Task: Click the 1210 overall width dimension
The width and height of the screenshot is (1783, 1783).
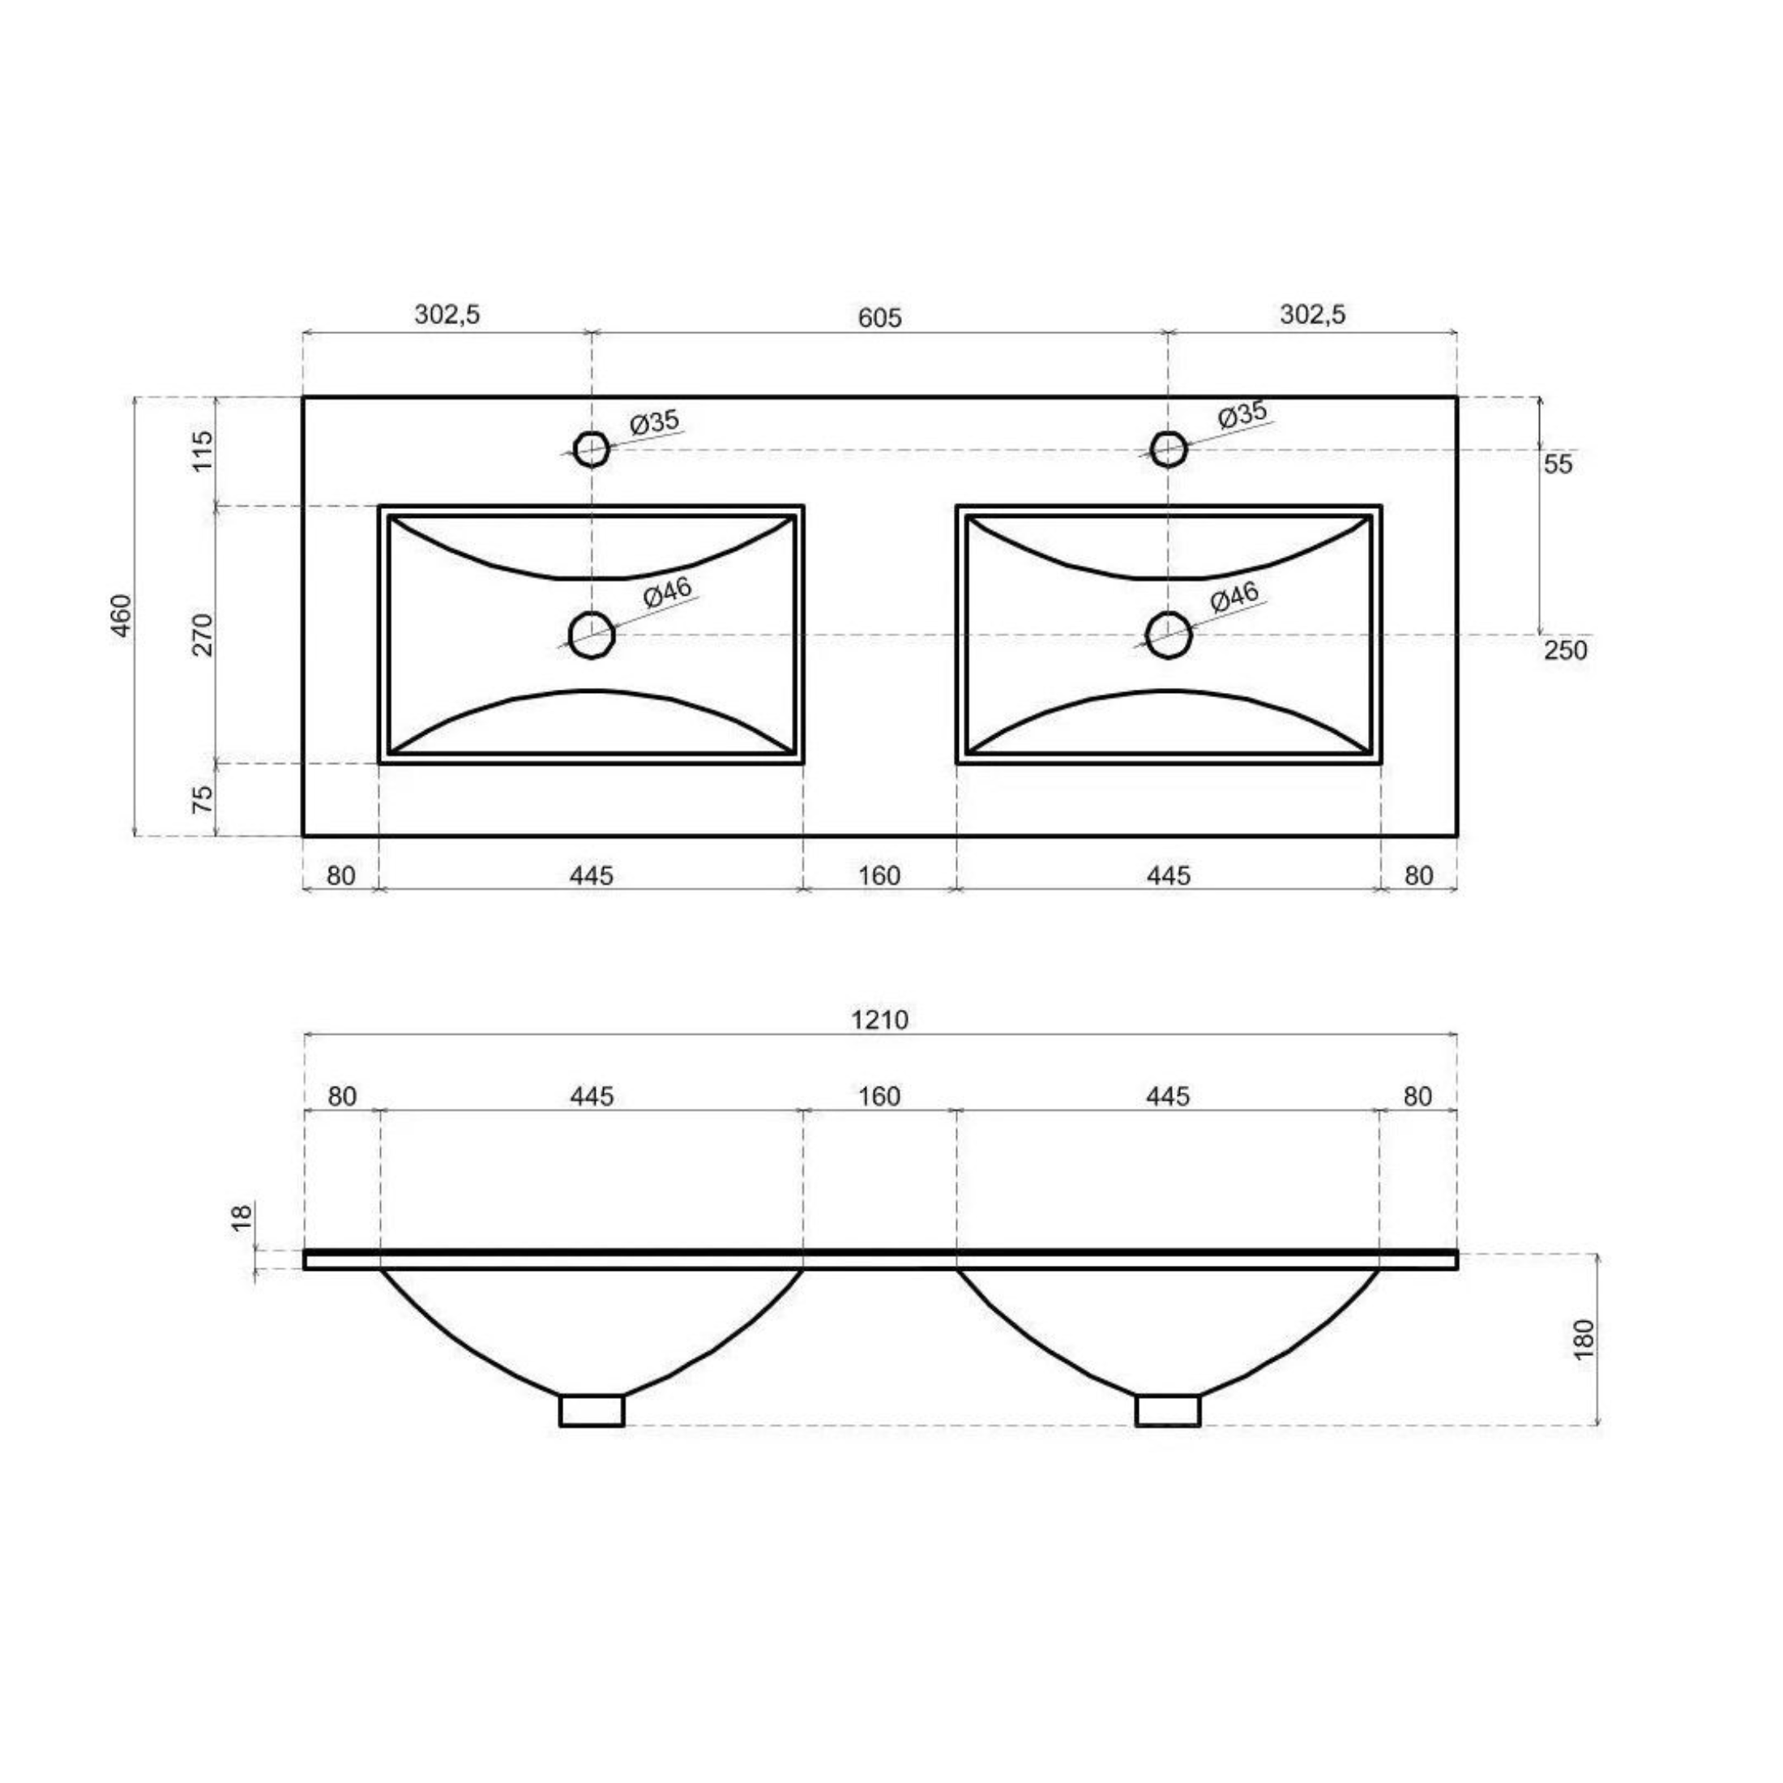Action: pos(879,1020)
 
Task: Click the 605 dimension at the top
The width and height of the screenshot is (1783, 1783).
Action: pos(879,318)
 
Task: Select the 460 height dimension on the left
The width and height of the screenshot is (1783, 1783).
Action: pos(122,616)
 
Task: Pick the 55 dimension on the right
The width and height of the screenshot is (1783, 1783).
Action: pos(1558,464)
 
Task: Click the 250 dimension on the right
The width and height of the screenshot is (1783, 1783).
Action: pos(1565,651)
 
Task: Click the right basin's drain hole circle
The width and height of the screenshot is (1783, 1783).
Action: pos(1169,635)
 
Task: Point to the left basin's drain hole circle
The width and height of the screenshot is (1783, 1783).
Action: pos(592,635)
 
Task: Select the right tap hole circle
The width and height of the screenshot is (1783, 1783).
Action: pos(1169,448)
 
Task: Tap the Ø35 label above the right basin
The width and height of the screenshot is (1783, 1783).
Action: pos(1242,415)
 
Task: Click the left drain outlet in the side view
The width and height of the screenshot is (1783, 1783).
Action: pos(592,1411)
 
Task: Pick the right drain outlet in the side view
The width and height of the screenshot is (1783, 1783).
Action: pos(1167,1411)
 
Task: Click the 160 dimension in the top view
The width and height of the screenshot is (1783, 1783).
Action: pos(879,875)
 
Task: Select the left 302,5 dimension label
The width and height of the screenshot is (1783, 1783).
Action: pos(447,314)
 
